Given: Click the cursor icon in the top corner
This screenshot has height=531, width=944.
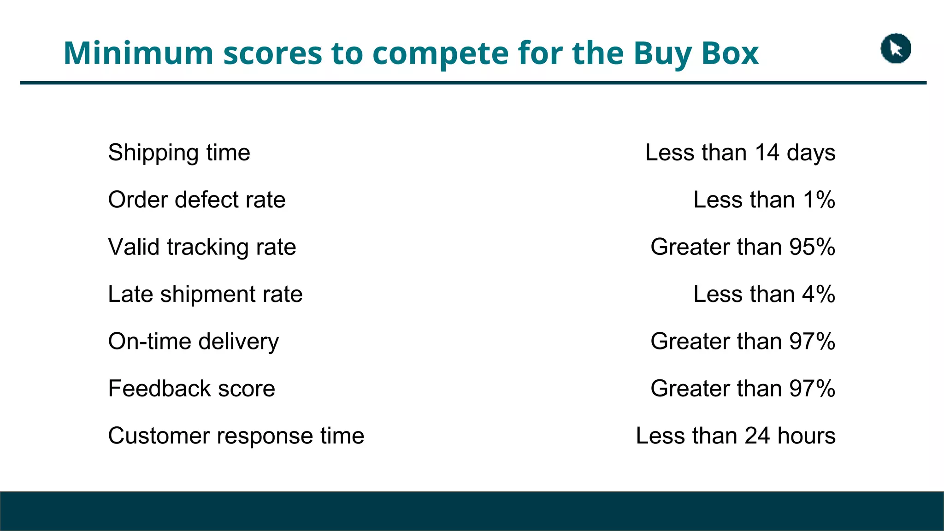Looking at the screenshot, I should (896, 48).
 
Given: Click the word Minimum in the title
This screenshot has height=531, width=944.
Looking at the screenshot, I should (138, 53).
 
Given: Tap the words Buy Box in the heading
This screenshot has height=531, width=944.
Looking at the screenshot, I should (696, 54).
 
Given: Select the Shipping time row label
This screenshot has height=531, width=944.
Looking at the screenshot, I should (179, 153).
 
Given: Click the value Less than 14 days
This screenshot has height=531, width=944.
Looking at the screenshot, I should (740, 153).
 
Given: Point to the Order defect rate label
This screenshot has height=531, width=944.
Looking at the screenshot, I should (197, 200).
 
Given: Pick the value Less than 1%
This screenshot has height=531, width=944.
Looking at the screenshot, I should (764, 200).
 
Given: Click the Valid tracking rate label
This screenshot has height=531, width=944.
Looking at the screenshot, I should (202, 247).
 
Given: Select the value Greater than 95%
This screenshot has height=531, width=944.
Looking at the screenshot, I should (743, 247).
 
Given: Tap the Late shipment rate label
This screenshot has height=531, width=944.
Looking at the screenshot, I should (205, 294).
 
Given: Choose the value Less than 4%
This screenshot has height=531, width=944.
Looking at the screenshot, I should (764, 294).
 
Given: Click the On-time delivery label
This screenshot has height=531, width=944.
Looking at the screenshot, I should (194, 342).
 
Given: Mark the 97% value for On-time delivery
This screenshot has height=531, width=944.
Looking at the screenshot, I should (812, 342).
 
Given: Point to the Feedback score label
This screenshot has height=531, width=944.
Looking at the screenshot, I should (191, 389).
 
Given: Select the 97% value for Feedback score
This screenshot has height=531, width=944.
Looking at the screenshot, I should (812, 389).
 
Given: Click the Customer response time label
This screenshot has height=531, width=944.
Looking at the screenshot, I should (236, 436).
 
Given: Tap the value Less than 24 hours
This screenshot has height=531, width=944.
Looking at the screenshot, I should (736, 436).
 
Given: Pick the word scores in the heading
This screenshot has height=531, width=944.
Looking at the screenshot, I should (273, 54).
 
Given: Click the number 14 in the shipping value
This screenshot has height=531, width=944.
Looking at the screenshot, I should (767, 153).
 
